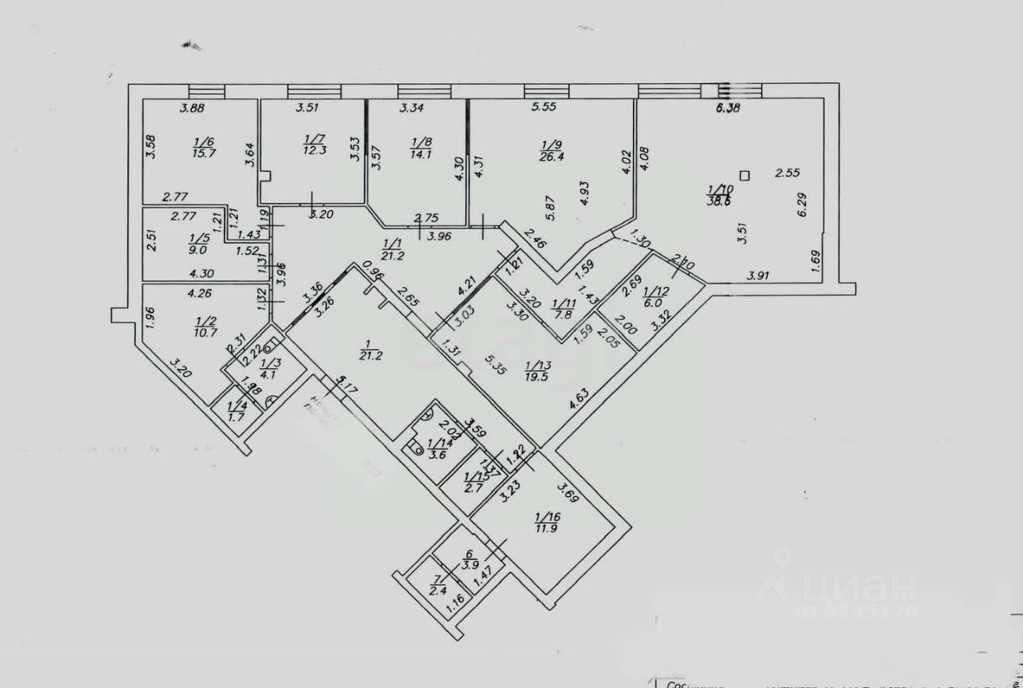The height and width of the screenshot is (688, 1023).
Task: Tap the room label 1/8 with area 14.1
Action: click(421, 149)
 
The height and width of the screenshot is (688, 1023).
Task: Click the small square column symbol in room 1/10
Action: click(745, 175)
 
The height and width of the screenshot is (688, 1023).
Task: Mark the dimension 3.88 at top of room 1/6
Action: click(193, 109)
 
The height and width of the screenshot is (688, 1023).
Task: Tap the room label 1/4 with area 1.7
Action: click(236, 411)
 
